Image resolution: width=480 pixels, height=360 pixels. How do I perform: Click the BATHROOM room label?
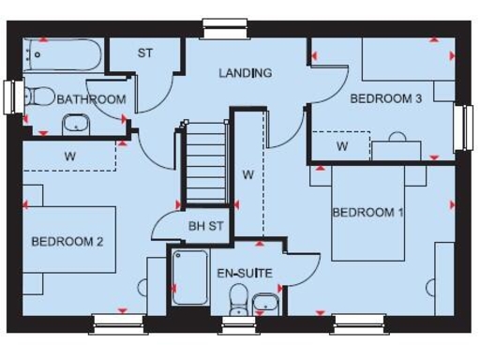(91, 99)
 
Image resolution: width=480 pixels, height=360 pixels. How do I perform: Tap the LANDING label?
(246, 73)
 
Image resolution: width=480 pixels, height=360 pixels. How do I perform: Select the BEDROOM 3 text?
(385, 98)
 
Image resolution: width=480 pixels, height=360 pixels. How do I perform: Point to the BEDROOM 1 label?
(368, 213)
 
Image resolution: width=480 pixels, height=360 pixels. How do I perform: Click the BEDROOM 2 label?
(67, 241)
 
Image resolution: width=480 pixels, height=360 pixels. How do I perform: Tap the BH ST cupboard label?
(206, 226)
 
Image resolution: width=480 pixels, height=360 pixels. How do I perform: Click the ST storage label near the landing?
(145, 53)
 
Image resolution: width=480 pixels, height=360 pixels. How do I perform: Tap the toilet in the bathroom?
(39, 95)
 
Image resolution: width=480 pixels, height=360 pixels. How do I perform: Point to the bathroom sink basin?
(75, 124)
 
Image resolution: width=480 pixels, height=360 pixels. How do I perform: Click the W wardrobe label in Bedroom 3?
(343, 146)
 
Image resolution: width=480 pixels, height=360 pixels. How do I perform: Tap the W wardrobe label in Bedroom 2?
(70, 157)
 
